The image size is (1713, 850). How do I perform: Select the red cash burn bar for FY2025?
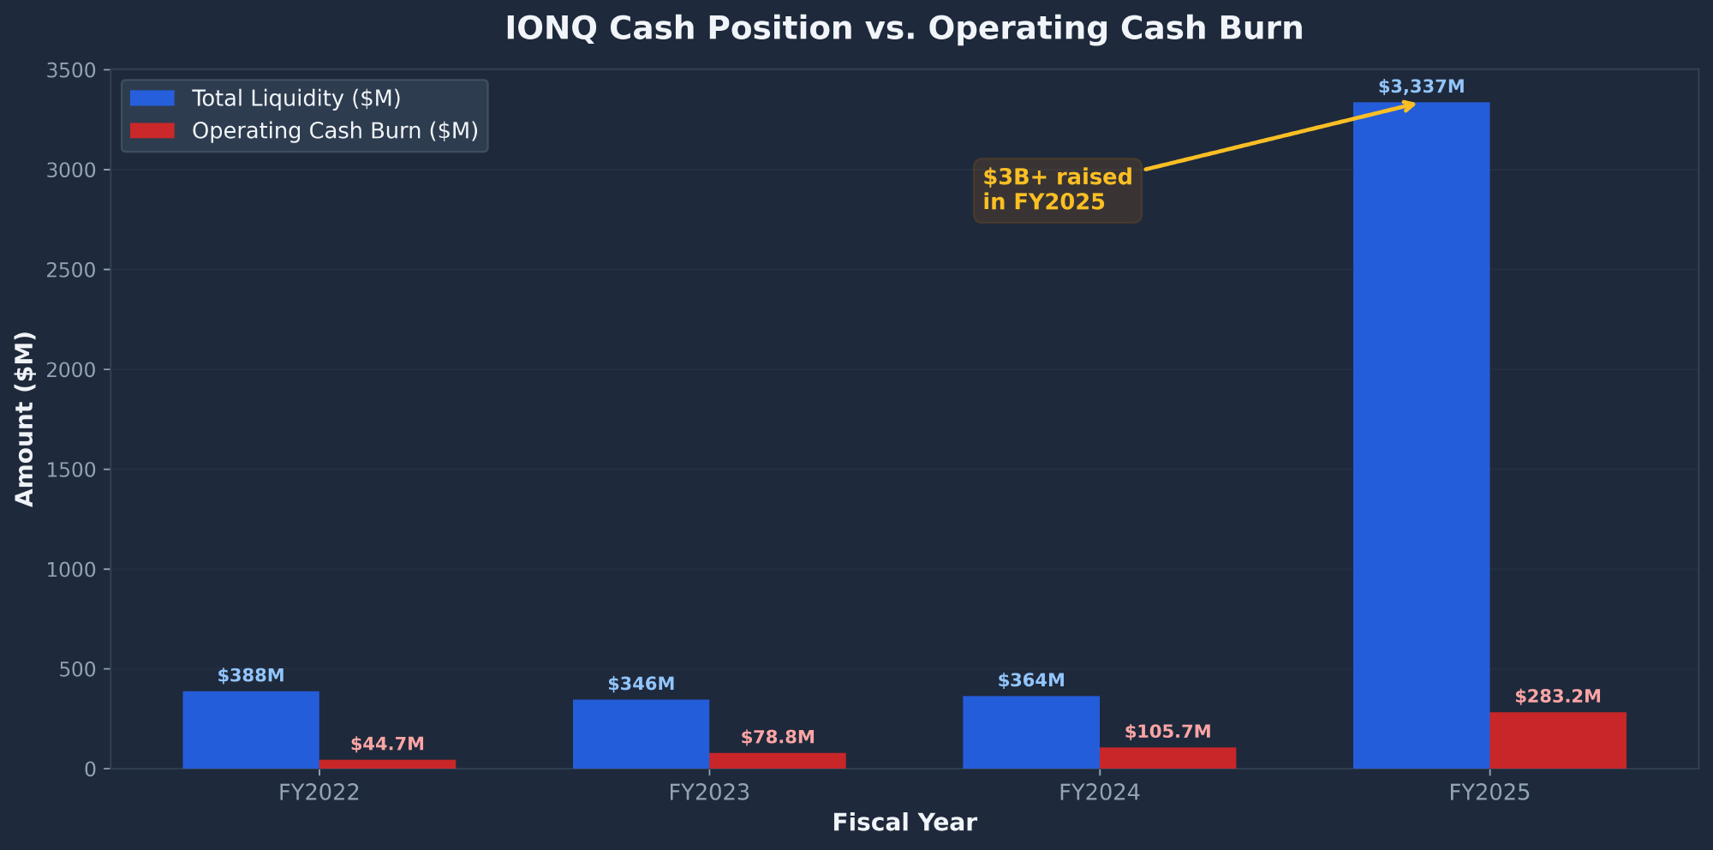[x=1557, y=740]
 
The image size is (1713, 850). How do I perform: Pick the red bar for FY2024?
[x=1167, y=758]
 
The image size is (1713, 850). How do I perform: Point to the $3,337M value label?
[x=1421, y=87]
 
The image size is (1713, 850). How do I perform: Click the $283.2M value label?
[x=1557, y=697]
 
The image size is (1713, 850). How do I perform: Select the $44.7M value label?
[x=387, y=744]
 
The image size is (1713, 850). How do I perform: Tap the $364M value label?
[x=1031, y=680]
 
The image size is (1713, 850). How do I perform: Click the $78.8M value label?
[x=778, y=737]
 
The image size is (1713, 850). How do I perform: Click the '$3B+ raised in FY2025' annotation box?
[x=1057, y=190]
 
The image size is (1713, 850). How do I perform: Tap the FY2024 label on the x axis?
[x=1099, y=793]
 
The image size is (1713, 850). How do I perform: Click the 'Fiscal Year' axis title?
[x=904, y=823]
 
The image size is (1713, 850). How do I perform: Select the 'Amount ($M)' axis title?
[x=26, y=419]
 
